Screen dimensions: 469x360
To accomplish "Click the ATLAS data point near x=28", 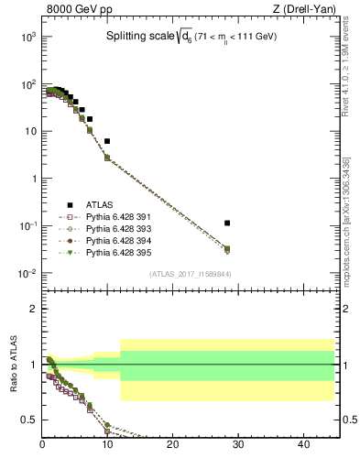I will click(227, 223).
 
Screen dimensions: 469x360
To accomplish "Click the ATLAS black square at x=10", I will click(107, 141).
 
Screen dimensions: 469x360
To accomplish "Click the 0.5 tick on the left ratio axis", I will click(30, 420).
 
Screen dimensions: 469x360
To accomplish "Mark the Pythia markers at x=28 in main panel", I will click(227, 249).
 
